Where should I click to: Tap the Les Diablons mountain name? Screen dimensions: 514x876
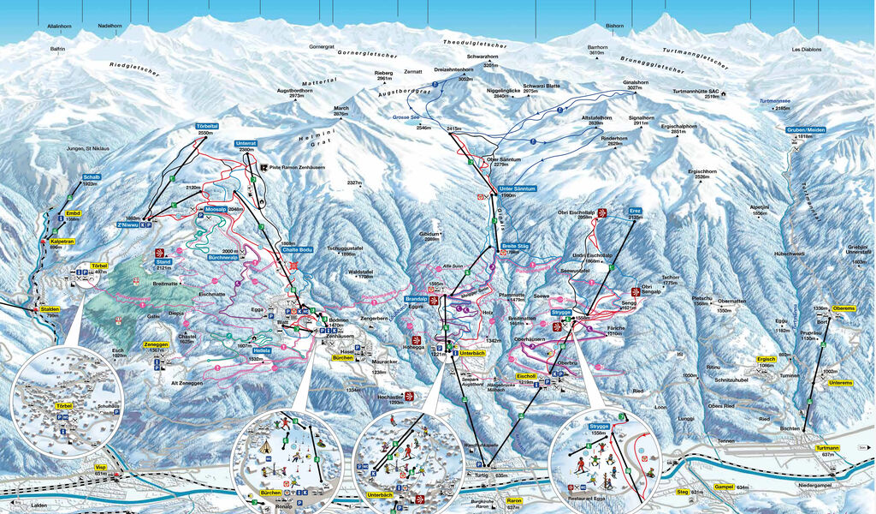pyautogui.click(x=806, y=50)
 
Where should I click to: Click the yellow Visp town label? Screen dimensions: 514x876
pyautogui.click(x=100, y=467)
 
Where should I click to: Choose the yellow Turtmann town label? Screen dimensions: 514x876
pyautogui.click(x=827, y=448)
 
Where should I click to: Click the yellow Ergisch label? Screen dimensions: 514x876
pyautogui.click(x=766, y=358)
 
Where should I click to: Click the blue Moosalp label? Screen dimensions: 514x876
pyautogui.click(x=216, y=209)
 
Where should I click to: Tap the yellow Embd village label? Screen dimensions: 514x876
pyautogui.click(x=73, y=212)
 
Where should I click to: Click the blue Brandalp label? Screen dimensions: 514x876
pyautogui.click(x=415, y=299)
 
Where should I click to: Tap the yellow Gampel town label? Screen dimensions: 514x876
pyautogui.click(x=724, y=487)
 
